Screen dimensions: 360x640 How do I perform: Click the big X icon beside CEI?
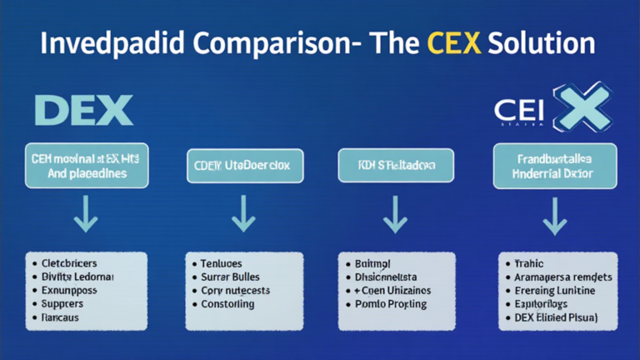click(574, 107)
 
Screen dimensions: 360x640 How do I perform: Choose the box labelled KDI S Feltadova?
click(396, 165)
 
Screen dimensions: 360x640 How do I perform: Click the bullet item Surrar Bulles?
click(230, 277)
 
